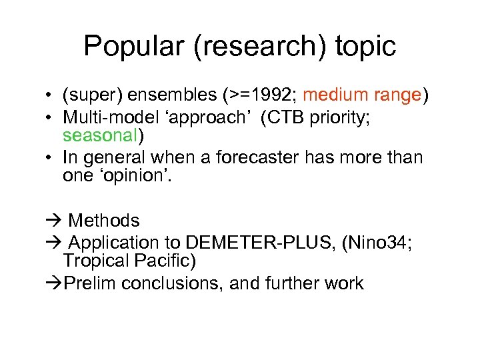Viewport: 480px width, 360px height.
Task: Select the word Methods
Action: coord(104,221)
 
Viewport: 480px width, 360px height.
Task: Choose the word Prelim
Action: coord(93,283)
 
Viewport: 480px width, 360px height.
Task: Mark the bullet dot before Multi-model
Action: coord(51,117)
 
